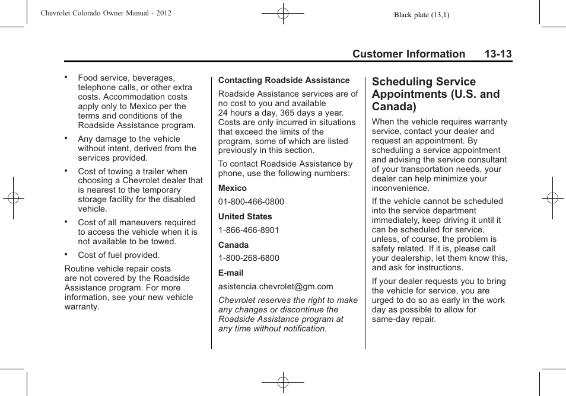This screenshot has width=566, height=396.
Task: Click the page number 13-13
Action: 497,54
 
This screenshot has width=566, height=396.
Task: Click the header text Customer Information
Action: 408,54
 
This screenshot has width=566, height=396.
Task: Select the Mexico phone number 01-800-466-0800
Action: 251,202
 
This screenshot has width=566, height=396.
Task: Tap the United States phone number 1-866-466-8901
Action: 249,230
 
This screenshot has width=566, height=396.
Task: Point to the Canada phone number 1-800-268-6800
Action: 249,258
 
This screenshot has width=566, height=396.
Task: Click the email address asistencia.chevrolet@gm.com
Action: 275,286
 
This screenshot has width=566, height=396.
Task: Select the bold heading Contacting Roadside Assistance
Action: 284,80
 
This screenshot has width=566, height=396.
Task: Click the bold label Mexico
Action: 232,188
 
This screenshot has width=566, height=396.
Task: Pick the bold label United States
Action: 245,216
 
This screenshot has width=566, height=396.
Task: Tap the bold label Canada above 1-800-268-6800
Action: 233,245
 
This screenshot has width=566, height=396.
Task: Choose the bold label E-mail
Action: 231,273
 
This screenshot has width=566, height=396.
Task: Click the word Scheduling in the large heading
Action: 402,82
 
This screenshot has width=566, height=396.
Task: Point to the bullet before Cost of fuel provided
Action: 67,254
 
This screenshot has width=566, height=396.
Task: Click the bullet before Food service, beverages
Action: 67,76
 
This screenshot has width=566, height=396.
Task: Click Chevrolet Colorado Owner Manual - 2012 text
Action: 106,12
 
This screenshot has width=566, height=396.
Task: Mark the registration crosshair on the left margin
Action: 13,198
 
